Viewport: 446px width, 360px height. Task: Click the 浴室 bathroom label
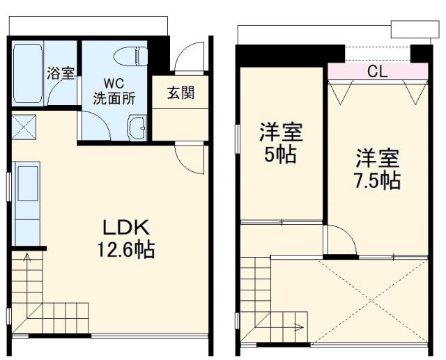(x=61, y=73)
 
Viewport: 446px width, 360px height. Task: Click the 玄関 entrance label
(x=180, y=93)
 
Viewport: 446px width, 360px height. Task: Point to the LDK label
(x=128, y=227)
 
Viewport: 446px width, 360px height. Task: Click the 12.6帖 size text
(x=128, y=249)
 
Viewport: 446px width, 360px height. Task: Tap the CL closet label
(x=377, y=70)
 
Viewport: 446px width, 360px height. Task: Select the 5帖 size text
(x=282, y=155)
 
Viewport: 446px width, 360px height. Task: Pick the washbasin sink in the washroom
(x=137, y=127)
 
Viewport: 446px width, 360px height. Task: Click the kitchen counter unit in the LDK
(x=26, y=202)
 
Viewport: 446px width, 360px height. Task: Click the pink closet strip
(x=377, y=70)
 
